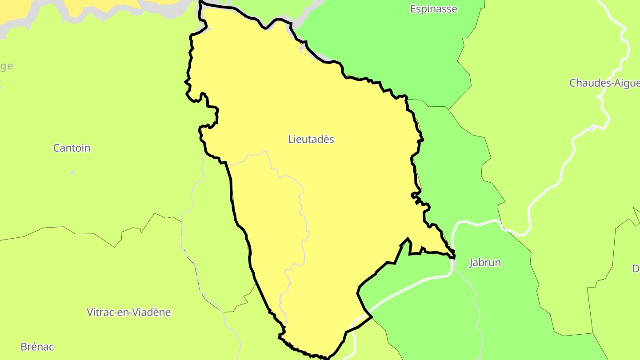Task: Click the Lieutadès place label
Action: coord(311,140)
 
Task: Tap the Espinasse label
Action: coord(433,9)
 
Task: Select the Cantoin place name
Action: coord(72,148)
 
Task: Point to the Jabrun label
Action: coord(485,263)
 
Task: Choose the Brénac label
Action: coord(37,347)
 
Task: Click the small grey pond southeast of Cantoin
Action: coord(72,172)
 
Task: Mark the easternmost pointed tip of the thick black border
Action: coord(455,257)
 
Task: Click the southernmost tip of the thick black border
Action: coord(328,358)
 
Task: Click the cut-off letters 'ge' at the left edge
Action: coord(6,67)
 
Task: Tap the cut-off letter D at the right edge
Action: coord(636,268)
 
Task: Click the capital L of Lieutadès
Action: coord(291,140)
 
